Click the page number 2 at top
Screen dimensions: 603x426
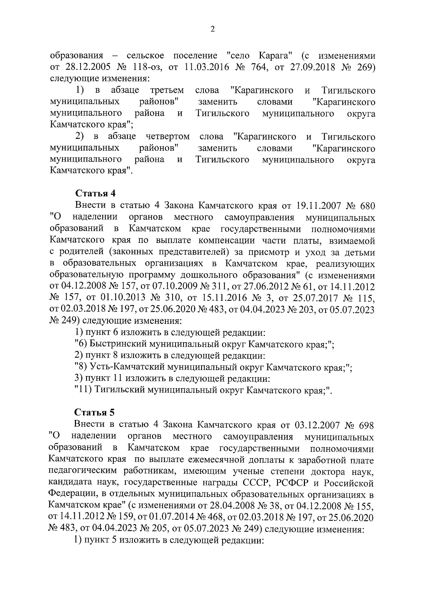[213, 29]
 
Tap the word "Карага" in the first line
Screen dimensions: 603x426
[275, 56]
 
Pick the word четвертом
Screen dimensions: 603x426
[168, 137]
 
